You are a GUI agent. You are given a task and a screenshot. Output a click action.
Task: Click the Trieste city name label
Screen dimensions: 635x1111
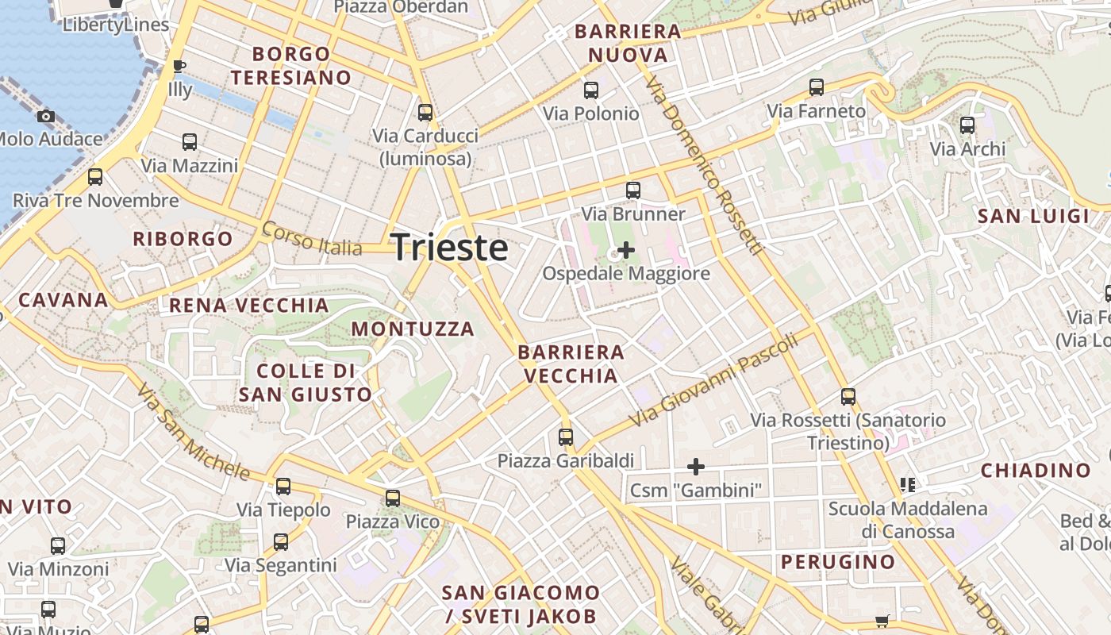[450, 248]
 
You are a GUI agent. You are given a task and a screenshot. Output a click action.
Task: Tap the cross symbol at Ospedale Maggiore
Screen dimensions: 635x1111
[626, 250]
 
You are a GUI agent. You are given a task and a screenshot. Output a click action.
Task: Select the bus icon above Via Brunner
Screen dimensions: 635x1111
[632, 190]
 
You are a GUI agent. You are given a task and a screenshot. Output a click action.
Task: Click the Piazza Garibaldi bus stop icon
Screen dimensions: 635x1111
[565, 437]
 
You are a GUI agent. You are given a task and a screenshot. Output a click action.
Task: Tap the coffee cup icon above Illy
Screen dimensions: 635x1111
[179, 66]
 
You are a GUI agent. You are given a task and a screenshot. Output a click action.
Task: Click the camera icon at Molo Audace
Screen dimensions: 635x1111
[46, 117]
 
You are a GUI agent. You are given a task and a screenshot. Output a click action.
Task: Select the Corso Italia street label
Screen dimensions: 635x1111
[312, 239]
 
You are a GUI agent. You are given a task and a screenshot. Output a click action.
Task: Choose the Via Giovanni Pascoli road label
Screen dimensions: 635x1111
[712, 381]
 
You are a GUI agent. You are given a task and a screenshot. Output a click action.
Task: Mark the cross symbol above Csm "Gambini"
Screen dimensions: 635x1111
[696, 466]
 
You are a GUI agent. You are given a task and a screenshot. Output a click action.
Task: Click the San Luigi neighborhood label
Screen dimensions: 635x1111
[1032, 217]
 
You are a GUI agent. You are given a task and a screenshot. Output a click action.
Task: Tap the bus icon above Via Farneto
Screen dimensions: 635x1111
[816, 87]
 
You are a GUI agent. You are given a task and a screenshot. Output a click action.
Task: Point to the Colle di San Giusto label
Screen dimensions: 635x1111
[306, 383]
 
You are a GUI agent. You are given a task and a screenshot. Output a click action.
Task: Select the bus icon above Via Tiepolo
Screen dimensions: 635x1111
[283, 487]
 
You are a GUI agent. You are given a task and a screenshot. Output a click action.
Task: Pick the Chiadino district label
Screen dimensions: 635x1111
[1035, 471]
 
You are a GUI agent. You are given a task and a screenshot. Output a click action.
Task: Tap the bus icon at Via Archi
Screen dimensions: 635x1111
[967, 125]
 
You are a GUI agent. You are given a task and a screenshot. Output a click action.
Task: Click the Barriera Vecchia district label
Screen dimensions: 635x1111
[571, 364]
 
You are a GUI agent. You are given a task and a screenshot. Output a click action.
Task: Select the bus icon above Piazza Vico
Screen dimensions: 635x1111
[392, 498]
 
